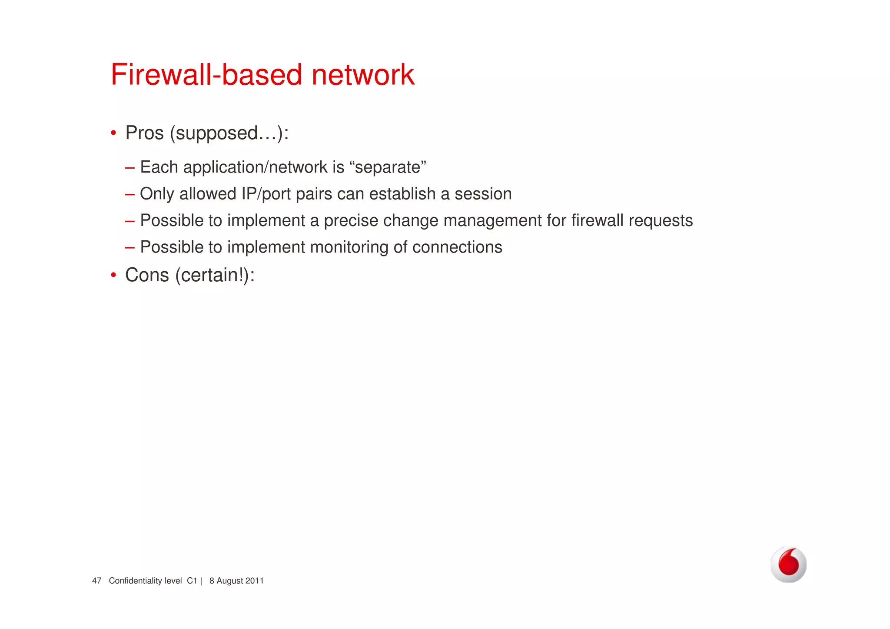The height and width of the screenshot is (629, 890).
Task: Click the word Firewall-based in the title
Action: (x=206, y=75)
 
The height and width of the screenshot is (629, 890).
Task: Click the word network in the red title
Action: (x=363, y=75)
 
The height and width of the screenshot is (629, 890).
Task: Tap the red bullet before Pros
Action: (x=113, y=133)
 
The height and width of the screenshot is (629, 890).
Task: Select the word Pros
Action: (x=144, y=133)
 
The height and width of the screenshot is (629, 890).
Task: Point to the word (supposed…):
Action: (x=229, y=133)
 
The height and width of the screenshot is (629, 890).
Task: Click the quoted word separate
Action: (x=388, y=167)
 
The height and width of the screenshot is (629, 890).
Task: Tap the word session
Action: (x=483, y=194)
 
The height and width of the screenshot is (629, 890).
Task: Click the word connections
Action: (x=457, y=247)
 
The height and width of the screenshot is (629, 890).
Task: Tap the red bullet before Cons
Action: (x=113, y=275)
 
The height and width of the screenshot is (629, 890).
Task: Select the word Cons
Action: (x=147, y=275)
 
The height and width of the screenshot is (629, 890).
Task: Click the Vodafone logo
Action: (x=788, y=564)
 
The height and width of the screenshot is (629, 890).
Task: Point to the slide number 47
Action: (x=96, y=581)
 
